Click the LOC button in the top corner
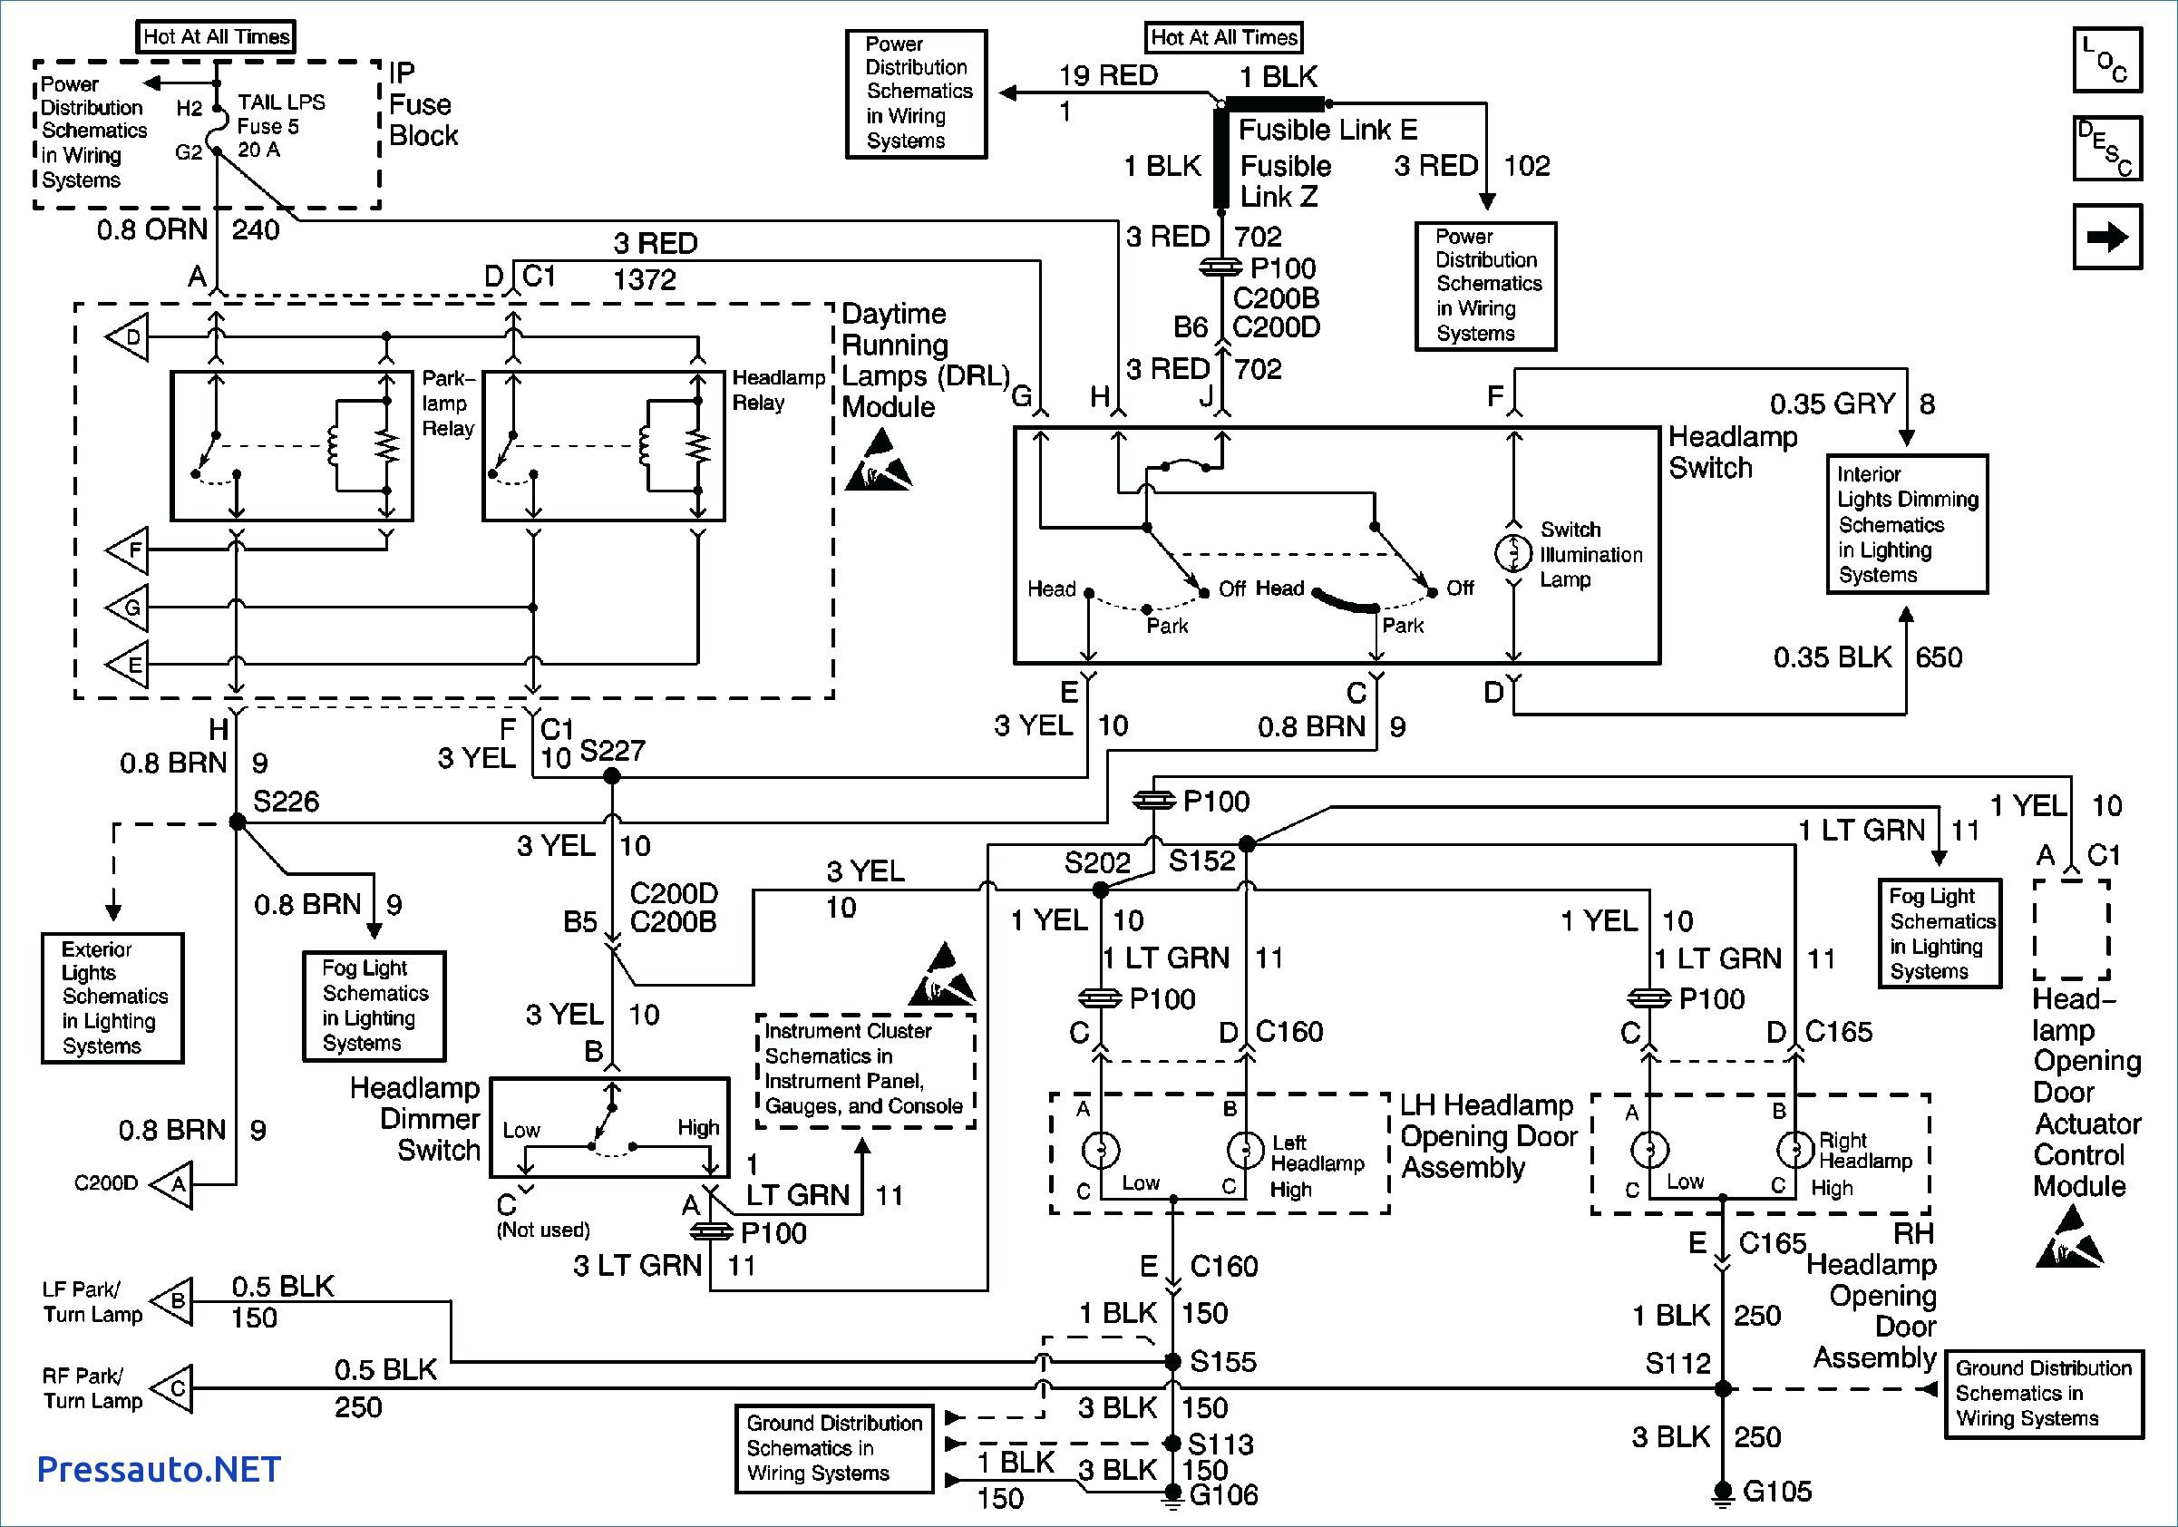tap(2107, 61)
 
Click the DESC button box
tap(2107, 149)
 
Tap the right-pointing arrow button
tap(2107, 237)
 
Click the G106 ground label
tap(1224, 1495)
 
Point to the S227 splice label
tap(612, 751)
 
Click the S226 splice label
tap(286, 802)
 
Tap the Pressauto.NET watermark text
tap(159, 1469)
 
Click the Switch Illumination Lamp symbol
tap(1513, 553)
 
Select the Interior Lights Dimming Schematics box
tap(1907, 524)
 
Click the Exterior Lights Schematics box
tap(112, 997)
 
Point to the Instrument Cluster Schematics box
tap(865, 1070)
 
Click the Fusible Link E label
tap(1328, 129)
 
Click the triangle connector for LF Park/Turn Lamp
tap(172, 1300)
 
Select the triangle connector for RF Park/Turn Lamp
tap(172, 1388)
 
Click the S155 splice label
tap(1223, 1362)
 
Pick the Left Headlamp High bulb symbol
tap(1246, 1151)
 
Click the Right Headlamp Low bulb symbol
tap(1649, 1150)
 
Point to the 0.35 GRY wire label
tap(1832, 404)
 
